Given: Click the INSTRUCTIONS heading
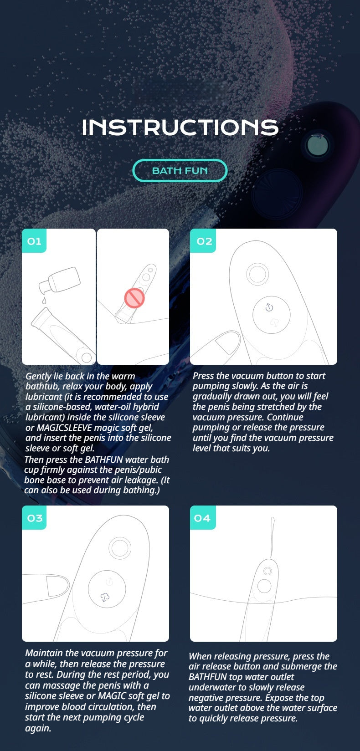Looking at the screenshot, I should click(180, 128).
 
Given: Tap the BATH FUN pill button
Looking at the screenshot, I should click(180, 171).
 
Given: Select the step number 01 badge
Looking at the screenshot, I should click(34, 241).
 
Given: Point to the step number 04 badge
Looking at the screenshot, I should click(202, 518).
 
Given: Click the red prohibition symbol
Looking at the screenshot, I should click(134, 298).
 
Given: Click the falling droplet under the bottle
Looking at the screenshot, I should click(44, 301).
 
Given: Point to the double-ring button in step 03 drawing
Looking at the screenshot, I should click(120, 548).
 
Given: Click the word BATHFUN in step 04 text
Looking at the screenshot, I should click(207, 677).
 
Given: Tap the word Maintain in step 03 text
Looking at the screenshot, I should click(44, 653).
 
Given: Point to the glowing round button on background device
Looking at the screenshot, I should click(318, 145).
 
